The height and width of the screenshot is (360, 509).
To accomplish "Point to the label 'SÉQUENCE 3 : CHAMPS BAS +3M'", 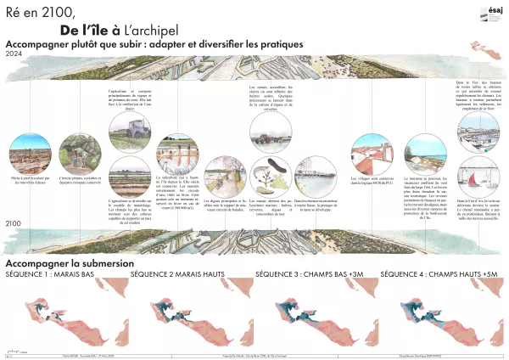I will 309,275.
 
